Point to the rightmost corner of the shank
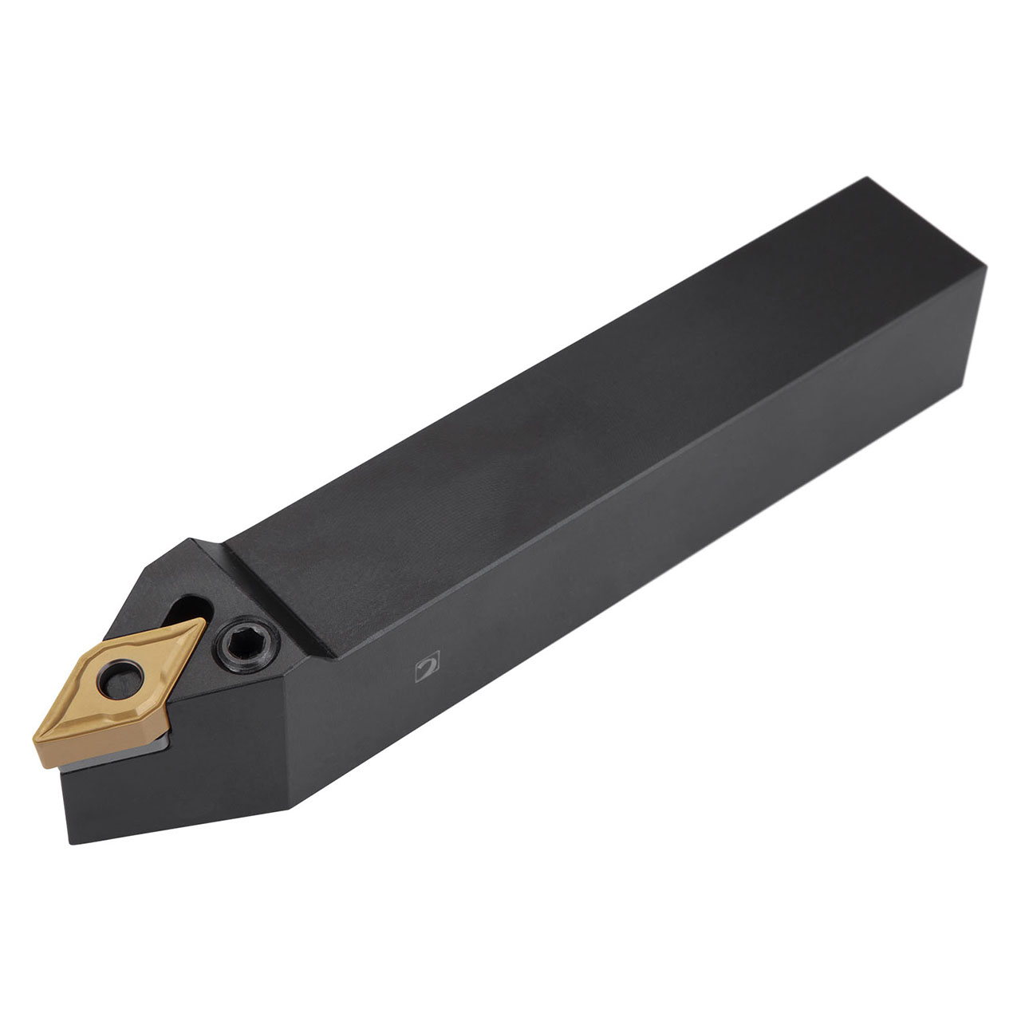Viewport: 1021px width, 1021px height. tap(987, 269)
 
